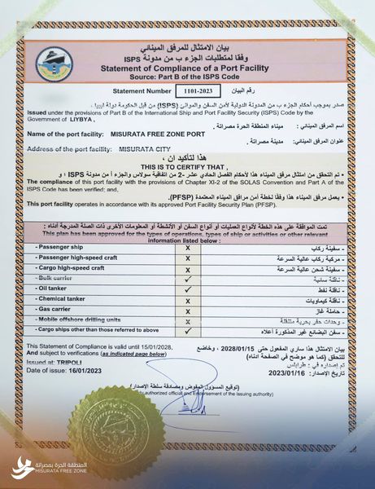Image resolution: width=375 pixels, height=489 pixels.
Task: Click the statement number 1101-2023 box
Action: coord(195,90)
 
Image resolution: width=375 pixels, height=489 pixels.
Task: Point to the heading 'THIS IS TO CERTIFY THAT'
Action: coord(188,166)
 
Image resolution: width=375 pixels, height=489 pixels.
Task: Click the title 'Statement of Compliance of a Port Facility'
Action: coord(188,68)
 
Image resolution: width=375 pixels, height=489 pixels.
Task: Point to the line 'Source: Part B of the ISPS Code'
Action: coord(188,77)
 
